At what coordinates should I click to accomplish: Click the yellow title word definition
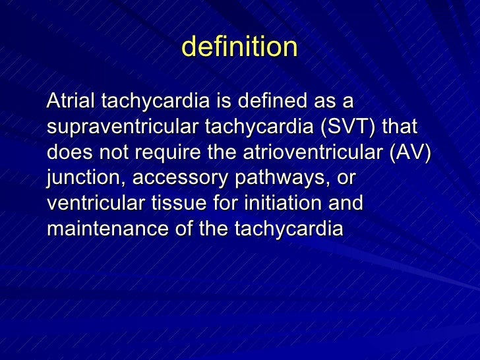239,47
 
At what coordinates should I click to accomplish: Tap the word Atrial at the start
69,102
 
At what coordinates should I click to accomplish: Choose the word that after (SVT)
400,127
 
